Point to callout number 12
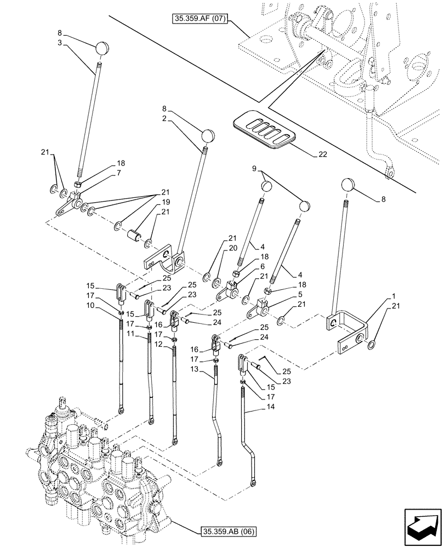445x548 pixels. [158, 345]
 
